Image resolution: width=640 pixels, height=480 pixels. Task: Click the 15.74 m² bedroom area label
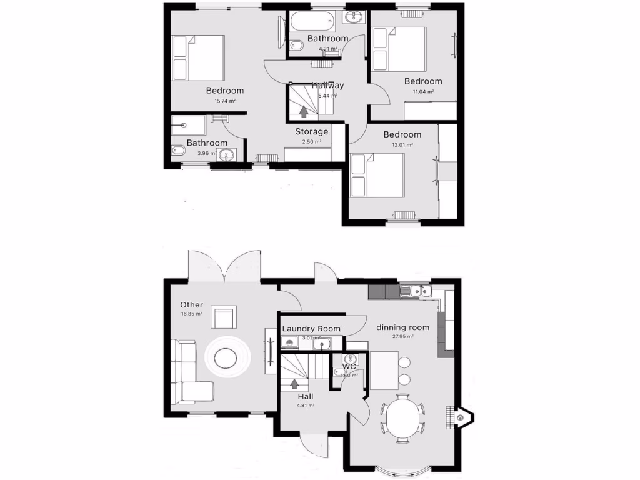224,101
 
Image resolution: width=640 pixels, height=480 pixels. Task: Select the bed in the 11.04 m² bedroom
400,49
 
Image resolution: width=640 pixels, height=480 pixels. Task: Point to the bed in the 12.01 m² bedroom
378,176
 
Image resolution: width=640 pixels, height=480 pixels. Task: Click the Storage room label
312,131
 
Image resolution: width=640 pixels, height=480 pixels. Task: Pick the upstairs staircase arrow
304,111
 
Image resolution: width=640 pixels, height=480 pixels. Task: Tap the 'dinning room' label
402,327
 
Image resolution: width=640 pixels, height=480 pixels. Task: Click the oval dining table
402,419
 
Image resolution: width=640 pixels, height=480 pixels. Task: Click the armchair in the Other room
224,317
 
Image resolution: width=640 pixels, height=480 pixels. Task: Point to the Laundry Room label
311,329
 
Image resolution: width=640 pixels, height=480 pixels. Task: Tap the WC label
349,367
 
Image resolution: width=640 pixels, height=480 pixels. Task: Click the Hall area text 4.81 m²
306,406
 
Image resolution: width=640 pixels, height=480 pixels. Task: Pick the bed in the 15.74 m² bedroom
199,57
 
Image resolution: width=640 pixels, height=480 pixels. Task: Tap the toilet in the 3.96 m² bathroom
177,150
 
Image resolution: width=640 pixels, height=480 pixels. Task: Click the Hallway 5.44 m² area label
328,96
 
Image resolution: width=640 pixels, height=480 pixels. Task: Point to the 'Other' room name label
191,305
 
